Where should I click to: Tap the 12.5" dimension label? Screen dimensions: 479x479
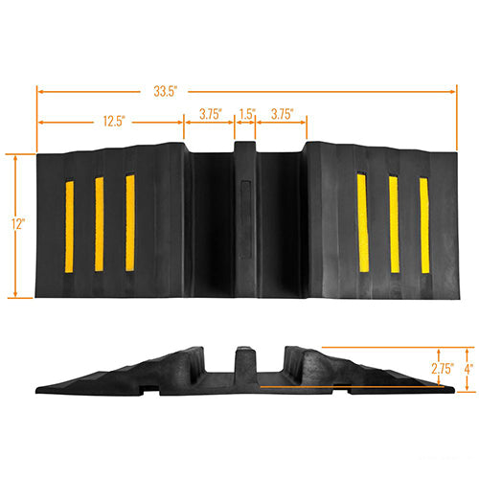click(x=111, y=122)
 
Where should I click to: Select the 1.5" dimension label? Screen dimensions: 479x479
click(x=246, y=114)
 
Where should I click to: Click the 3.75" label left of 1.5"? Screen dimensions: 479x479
click(x=211, y=114)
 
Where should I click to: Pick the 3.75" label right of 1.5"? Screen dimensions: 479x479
click(x=282, y=114)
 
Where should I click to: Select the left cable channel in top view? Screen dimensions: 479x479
click(x=212, y=225)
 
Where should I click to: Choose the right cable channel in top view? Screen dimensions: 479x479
click(x=281, y=225)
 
